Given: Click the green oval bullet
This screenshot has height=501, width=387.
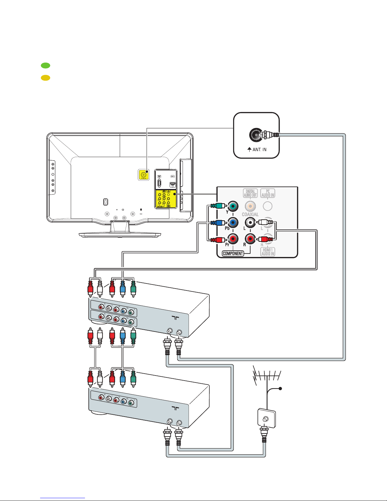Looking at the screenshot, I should pos(45,65).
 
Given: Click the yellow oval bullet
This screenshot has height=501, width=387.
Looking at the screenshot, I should pos(45,78).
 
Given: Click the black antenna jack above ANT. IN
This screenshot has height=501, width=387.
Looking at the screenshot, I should pos(255,135).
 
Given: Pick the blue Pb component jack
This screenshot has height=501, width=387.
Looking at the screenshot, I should pos(233,223).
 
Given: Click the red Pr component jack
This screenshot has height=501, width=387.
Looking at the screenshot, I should pos(233,239).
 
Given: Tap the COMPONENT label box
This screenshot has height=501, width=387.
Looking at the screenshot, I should pos(233,253).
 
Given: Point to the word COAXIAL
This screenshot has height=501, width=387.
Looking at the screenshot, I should pos(250,214).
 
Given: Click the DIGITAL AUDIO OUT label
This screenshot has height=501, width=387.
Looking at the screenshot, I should pos(250,193).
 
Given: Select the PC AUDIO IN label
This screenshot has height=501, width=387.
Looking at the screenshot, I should pos(268,193).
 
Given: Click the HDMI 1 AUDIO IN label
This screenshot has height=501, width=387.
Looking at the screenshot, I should pos(268,252).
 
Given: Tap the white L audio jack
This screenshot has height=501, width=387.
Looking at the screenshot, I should pos(250,223).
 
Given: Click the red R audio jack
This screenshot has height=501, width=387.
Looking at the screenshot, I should pos(250,239).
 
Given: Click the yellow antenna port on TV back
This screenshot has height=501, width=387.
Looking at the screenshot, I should pos(144,174).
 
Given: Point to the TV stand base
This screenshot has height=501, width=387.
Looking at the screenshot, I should pos(120,234).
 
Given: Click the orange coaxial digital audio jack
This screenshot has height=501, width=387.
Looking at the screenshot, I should pos(250,206).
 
